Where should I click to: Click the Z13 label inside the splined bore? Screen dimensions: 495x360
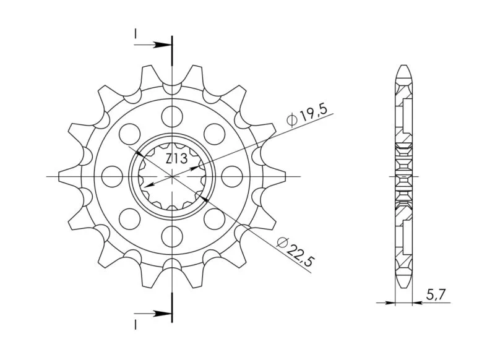tap(176, 159)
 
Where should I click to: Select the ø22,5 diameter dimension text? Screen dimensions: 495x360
tap(296, 251)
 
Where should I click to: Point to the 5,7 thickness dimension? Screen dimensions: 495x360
tap(436, 295)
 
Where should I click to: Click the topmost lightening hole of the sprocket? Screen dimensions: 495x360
tap(172, 116)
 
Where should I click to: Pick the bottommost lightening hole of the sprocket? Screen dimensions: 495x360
tap(172, 236)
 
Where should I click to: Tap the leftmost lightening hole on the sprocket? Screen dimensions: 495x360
tap(113, 176)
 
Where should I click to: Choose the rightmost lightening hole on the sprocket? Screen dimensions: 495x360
tap(232, 176)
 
